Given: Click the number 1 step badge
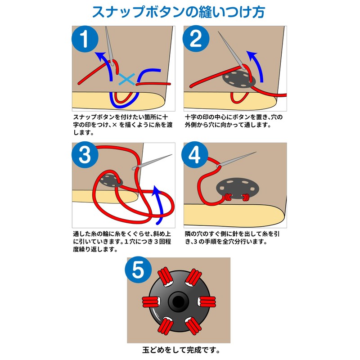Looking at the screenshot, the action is coord(85,39).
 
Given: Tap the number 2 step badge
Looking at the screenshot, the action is coord(196,39).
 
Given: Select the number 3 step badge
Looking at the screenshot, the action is coord(85,155).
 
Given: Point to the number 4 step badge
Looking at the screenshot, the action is coord(195,155).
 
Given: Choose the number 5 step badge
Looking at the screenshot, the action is coord(138,270).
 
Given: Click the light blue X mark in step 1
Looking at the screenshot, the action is coord(127,79).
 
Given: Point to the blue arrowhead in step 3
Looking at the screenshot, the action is coord(157,190).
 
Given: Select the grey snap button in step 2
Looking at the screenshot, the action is coord(239,79).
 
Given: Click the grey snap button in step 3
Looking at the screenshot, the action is coord(111,180).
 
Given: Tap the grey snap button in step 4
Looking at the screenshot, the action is coord(238,189).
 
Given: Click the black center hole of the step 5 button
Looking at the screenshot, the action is coord(178,301).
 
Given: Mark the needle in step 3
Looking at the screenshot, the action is coord(152,162).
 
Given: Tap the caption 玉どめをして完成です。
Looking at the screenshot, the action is coord(181,350).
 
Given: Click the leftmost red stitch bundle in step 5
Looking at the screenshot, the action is coord(151,301).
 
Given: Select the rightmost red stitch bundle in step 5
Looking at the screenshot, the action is coord(207,301).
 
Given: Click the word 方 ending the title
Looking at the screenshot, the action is coord(258,12).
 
